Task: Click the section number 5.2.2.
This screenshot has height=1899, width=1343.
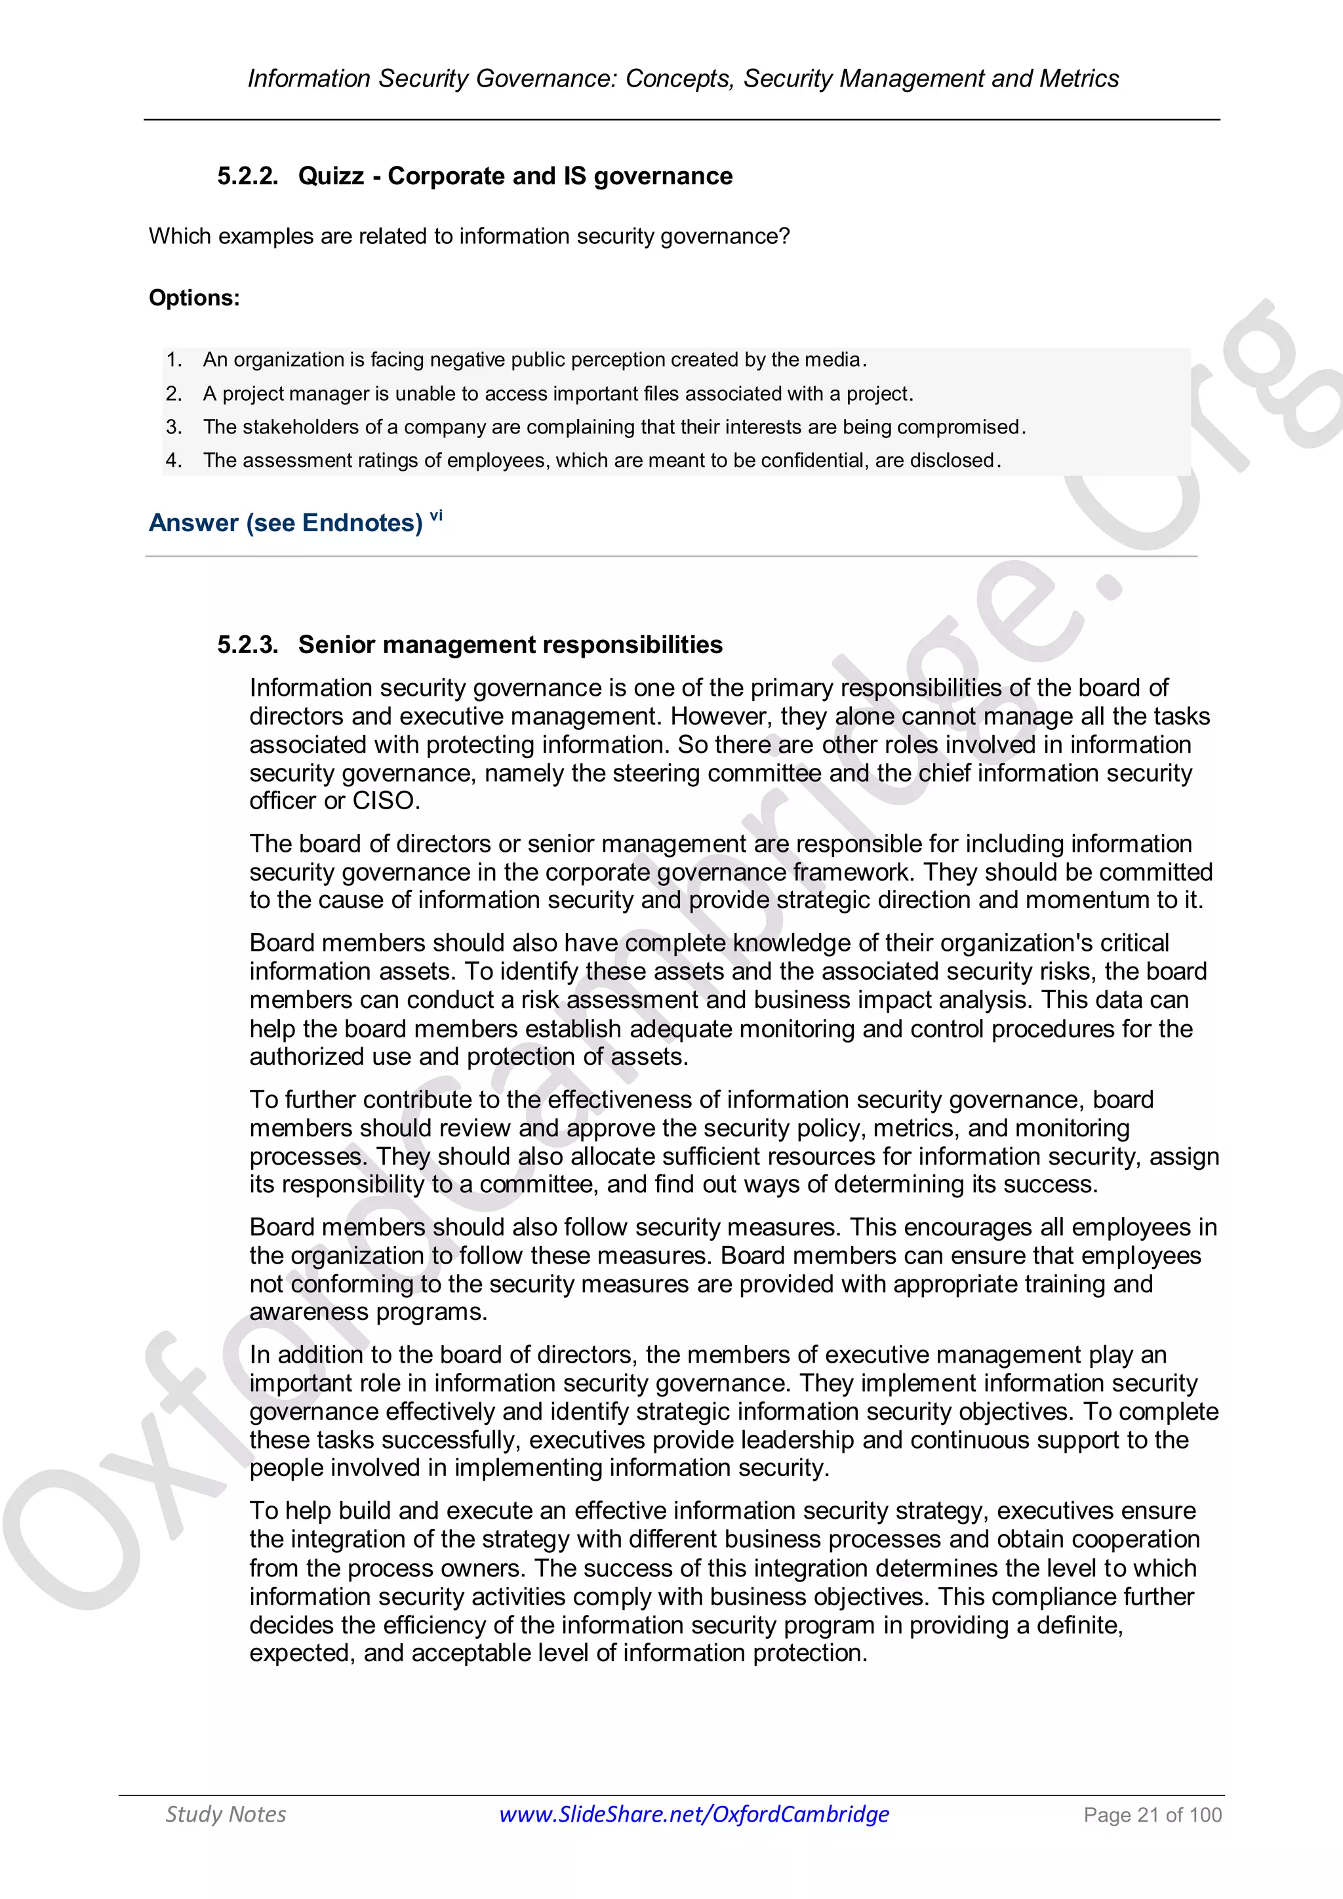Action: coord(247,176)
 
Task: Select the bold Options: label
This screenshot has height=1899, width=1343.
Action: coord(194,298)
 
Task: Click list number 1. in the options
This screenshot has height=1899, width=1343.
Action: coord(174,360)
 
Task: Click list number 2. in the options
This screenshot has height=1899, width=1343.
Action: coord(174,393)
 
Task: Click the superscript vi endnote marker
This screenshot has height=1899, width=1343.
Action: coord(436,516)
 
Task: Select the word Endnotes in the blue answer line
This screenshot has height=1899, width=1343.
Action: coord(362,523)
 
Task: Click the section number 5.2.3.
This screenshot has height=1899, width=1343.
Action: coord(247,645)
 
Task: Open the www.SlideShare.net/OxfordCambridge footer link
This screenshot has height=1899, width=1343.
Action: coord(694,1814)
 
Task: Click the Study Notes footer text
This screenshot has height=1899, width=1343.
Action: coord(226,1814)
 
